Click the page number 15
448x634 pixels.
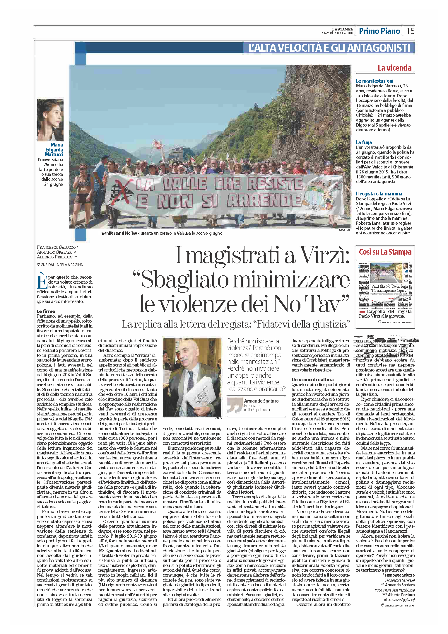(411, 31)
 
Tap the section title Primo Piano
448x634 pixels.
(379, 31)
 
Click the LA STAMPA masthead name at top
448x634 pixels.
(342, 29)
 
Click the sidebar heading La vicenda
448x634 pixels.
(394, 68)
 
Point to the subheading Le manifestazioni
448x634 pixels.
(375, 81)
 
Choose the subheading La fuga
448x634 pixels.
(364, 142)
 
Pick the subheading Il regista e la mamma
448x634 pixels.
(379, 194)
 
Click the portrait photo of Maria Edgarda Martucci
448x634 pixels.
(50, 120)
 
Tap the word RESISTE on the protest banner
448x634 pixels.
(275, 184)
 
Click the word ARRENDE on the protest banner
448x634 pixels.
(264, 201)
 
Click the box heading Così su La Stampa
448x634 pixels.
(385, 252)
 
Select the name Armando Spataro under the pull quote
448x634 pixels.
(261, 401)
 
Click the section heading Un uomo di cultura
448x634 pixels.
(312, 379)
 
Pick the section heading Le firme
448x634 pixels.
(46, 311)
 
